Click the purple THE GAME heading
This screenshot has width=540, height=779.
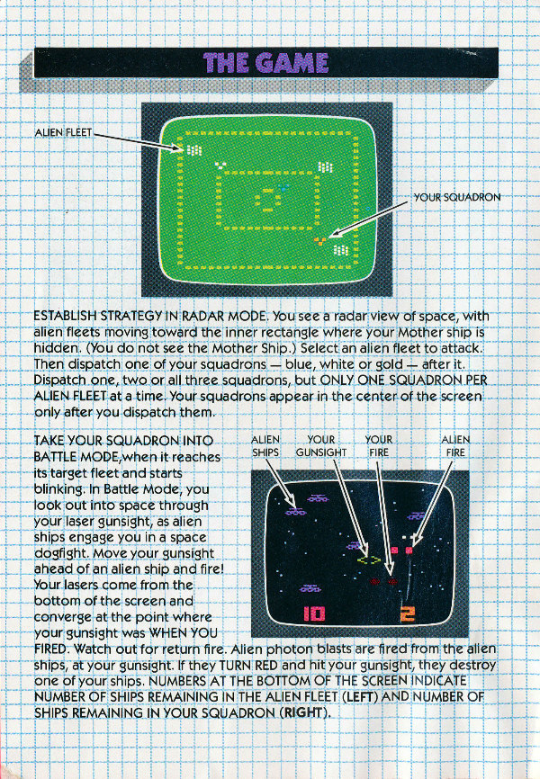click(x=266, y=63)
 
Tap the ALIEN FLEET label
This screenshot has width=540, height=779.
click(x=64, y=132)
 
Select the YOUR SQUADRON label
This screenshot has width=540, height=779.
click(x=457, y=197)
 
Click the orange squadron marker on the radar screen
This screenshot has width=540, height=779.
click(x=320, y=241)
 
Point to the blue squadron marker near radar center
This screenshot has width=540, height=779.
click(x=283, y=188)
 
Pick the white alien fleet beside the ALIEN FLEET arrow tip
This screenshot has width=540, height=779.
click(x=193, y=149)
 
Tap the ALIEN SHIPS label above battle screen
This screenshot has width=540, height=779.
click(x=265, y=446)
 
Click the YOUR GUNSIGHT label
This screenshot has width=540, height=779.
click(x=321, y=446)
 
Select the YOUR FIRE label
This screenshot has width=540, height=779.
click(x=378, y=446)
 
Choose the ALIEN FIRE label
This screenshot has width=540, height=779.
click(x=455, y=446)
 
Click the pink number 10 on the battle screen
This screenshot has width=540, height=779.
click(x=314, y=614)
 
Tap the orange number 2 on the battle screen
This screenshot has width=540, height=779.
click(x=407, y=614)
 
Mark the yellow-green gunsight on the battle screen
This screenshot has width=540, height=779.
click(x=368, y=560)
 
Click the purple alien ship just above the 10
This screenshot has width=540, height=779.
click(x=310, y=588)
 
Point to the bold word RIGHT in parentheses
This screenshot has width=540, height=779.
click(x=304, y=712)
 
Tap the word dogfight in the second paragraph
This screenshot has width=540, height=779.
click(x=62, y=553)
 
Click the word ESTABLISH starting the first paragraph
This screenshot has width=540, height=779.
click(x=65, y=316)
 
